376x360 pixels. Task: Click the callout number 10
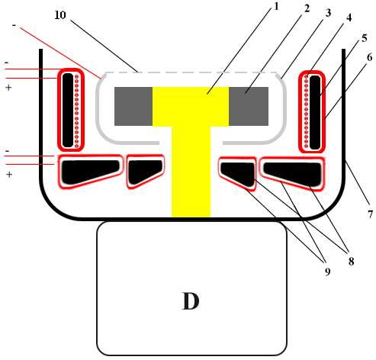[x=60, y=15]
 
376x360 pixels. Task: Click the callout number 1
[x=276, y=6]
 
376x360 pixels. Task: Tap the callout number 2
[x=307, y=8]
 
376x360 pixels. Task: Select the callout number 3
[x=328, y=13]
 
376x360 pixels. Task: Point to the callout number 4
[x=349, y=18]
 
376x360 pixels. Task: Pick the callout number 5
[x=365, y=38]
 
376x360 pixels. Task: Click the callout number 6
[x=370, y=57]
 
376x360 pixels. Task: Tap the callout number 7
[x=370, y=214]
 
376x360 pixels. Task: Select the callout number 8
[x=351, y=261]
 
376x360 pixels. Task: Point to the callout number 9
[x=328, y=272]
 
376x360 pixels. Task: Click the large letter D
[x=191, y=301]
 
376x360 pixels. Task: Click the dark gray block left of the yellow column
[x=133, y=106]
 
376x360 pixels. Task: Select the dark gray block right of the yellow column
[x=249, y=106]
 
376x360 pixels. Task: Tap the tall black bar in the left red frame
[x=68, y=110]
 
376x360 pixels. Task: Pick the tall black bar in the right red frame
[x=315, y=112]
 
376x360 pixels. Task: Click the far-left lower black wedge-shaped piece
[x=91, y=172]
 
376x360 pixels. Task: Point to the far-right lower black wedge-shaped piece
[x=293, y=173]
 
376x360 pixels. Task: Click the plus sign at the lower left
[x=9, y=175]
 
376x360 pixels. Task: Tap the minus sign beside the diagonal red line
[x=14, y=25]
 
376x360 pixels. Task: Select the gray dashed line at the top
[x=191, y=72]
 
